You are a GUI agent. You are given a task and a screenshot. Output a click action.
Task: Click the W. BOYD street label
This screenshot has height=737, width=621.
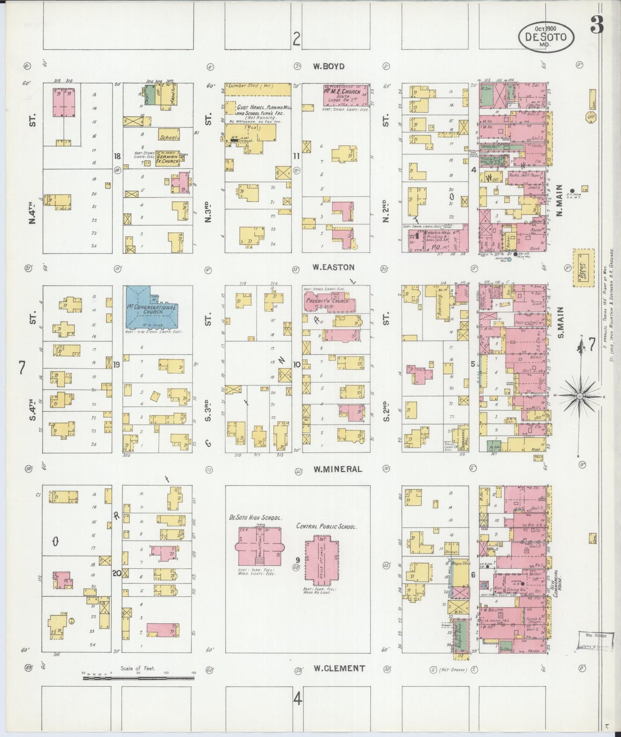coord(329,67)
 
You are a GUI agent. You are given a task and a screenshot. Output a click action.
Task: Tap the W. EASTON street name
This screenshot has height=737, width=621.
coord(333,267)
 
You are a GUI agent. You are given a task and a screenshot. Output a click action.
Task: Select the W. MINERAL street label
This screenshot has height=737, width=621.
coord(337,469)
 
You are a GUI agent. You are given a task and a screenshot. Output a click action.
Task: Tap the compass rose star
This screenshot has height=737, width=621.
coord(580,395)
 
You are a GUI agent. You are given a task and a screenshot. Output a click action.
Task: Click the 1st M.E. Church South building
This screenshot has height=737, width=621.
coord(346,95)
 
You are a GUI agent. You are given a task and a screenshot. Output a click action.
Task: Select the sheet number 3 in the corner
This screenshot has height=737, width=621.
coord(596,25)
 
